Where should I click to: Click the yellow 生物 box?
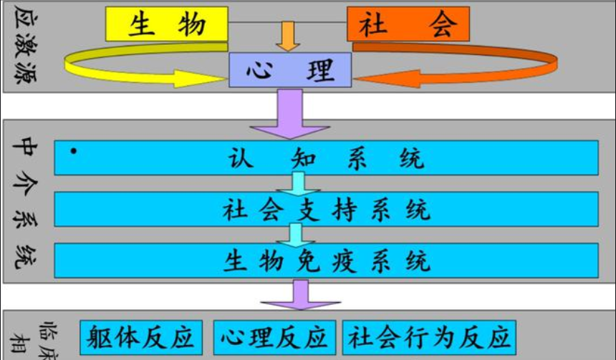tap(167, 24)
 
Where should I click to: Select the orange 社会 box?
tap(408, 24)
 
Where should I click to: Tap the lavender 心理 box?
tap(290, 70)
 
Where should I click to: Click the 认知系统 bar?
tap(326, 157)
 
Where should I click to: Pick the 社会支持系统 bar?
tap(326, 209)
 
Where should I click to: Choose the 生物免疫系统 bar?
tap(326, 261)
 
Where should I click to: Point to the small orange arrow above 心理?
tap(288, 36)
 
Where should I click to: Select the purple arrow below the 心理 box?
tap(290, 115)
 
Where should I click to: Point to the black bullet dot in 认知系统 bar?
tap(74, 152)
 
